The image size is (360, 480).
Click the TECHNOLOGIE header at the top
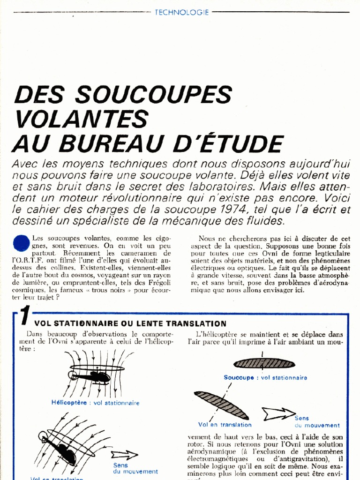(x=181, y=13)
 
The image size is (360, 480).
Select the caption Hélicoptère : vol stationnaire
(x=96, y=403)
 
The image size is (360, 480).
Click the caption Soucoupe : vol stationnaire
(x=265, y=377)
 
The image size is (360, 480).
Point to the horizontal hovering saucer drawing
(x=264, y=363)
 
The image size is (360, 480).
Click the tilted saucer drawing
(x=222, y=405)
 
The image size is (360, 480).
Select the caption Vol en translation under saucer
(x=218, y=425)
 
